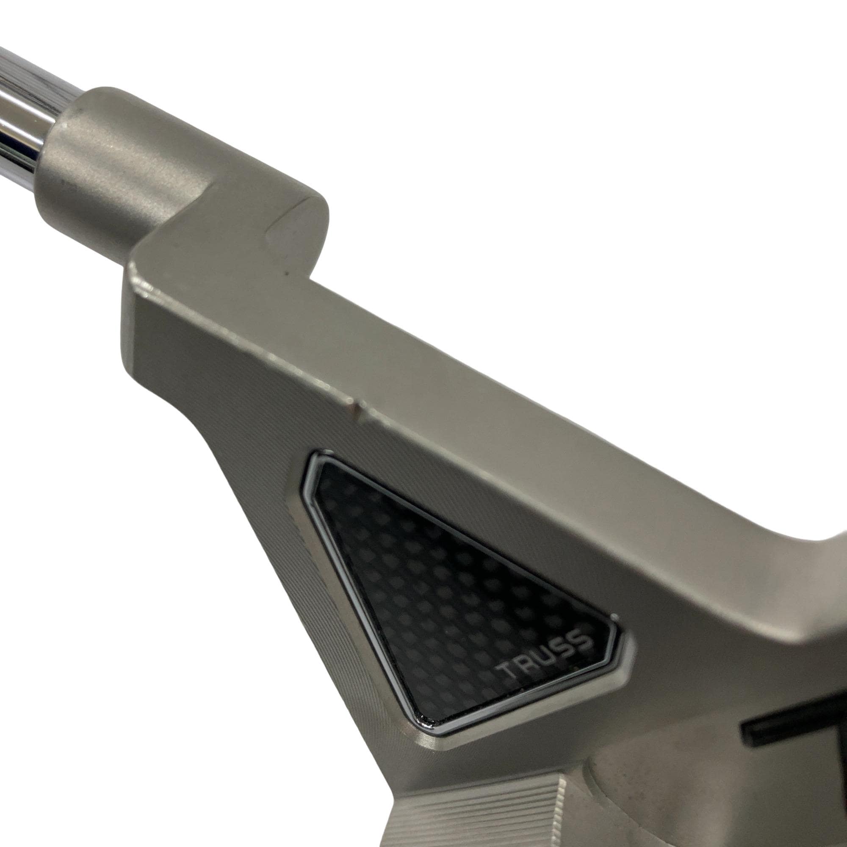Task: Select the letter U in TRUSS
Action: (546, 655)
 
